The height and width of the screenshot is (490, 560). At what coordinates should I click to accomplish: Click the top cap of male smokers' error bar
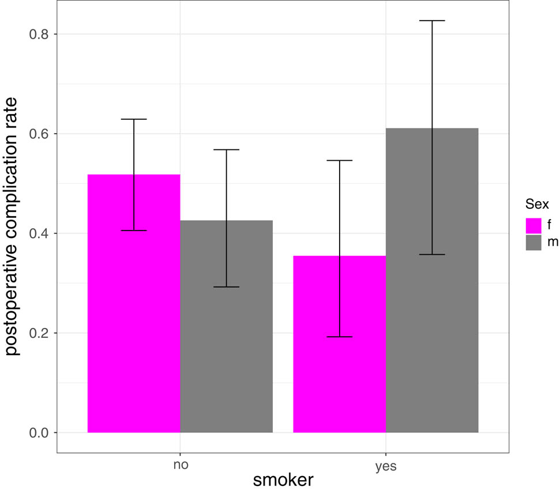[432, 21]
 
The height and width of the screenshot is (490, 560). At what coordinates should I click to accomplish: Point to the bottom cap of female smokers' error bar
[339, 337]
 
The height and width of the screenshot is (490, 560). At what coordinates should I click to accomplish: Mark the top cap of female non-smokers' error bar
[134, 119]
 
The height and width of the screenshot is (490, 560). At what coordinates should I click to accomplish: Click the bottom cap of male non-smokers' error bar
[226, 287]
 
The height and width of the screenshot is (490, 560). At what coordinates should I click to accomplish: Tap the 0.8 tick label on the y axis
[39, 34]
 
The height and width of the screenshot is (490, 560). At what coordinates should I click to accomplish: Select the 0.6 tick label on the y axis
[39, 134]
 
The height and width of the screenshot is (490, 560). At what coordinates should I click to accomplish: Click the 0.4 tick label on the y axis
[39, 233]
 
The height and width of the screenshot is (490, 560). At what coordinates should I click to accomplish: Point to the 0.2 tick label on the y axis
[39, 333]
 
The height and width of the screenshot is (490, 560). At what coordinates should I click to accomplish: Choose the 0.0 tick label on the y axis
[39, 433]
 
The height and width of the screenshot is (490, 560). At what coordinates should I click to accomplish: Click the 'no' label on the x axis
[180, 465]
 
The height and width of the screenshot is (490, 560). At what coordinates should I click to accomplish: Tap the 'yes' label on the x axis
[386, 466]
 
